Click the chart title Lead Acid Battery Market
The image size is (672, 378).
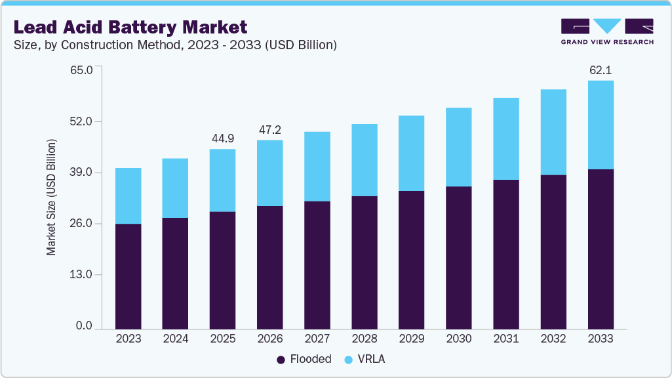coord(130,27)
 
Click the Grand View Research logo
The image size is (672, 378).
coord(607,31)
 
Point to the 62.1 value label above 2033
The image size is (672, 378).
coord(601,70)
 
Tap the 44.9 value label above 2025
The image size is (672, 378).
coord(223,138)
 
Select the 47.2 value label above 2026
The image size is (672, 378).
coord(270,129)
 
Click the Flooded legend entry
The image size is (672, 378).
coord(304,359)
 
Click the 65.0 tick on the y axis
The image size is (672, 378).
coord(84,69)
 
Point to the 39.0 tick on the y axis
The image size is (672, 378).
coord(84,173)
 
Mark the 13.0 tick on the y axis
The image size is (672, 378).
coord(84,274)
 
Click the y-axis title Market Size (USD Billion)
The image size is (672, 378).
coord(51,198)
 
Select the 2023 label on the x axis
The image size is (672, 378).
coord(128,339)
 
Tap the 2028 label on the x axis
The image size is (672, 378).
coord(365,339)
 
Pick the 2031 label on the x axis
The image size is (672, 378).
coord(506,339)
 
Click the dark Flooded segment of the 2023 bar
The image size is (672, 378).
coord(128,276)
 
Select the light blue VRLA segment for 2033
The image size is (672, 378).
coord(601,125)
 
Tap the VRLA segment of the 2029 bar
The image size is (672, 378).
coord(412,153)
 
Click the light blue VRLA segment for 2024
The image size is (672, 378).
coord(176,188)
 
